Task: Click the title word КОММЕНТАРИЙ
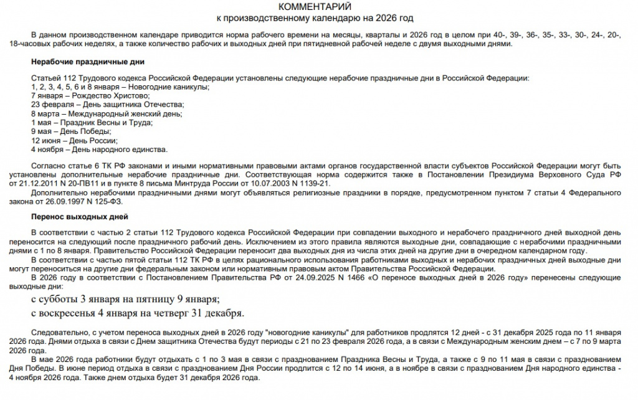coord(318,6)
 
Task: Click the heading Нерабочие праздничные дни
coord(88,62)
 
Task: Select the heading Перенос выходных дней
coord(79,217)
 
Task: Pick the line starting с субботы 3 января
coord(125,298)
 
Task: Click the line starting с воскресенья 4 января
coord(137,312)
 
